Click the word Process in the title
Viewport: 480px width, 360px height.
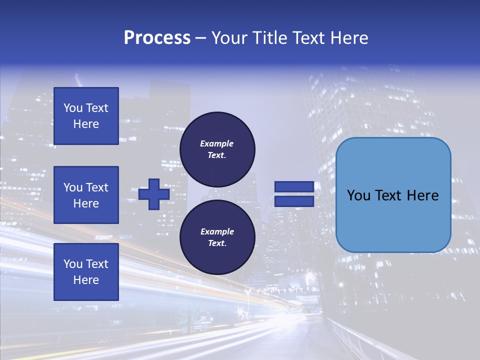[x=157, y=38]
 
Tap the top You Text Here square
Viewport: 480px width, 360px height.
[x=86, y=116]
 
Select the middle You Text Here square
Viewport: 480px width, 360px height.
[x=86, y=195]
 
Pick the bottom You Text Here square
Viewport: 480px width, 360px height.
[x=86, y=272]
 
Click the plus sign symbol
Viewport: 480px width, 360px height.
[x=154, y=194]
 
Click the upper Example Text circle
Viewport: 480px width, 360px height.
[x=217, y=149]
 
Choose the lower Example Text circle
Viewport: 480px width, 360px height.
[x=217, y=237]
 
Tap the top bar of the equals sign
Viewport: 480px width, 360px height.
[x=294, y=187]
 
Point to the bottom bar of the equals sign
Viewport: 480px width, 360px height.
[x=294, y=201]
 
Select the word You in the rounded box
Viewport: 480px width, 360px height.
[x=358, y=195]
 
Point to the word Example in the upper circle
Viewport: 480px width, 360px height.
[x=217, y=143]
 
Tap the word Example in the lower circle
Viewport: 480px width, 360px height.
[x=217, y=231]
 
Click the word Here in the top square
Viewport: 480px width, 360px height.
[x=86, y=124]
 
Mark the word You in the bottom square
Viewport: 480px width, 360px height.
[x=73, y=264]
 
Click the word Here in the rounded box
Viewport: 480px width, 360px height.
[x=422, y=195]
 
